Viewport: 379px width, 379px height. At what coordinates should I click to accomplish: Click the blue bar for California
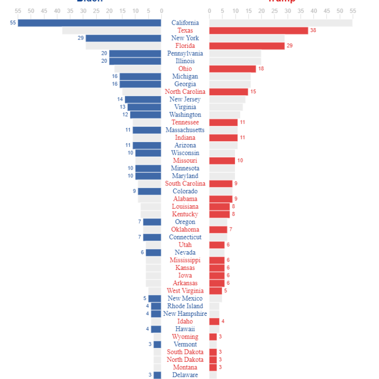click(x=89, y=23)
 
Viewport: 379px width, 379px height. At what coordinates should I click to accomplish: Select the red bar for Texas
click(x=259, y=31)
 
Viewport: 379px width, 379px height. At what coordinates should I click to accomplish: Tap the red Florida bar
click(x=247, y=46)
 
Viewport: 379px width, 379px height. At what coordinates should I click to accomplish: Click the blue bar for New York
click(x=123, y=38)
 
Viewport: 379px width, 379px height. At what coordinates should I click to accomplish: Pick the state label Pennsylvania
click(x=185, y=53)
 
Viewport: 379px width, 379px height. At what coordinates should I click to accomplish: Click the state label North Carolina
click(x=185, y=92)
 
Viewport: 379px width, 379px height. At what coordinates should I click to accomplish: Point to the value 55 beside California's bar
click(x=13, y=23)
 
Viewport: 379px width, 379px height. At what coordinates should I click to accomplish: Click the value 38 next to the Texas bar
click(x=313, y=31)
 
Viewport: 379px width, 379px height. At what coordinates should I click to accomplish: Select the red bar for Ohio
click(x=232, y=69)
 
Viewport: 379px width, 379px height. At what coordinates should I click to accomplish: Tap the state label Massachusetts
click(x=185, y=130)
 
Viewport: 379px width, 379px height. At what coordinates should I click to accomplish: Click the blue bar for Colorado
click(x=150, y=191)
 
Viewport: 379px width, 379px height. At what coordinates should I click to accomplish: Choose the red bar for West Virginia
click(x=216, y=291)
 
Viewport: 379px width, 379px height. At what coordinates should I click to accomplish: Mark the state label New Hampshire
click(x=185, y=314)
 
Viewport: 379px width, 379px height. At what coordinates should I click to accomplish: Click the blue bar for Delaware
click(x=157, y=375)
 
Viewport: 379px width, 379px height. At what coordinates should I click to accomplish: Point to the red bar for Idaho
click(x=214, y=321)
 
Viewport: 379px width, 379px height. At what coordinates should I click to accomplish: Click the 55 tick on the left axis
click(x=18, y=10)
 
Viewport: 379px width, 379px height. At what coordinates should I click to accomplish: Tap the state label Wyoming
click(x=185, y=337)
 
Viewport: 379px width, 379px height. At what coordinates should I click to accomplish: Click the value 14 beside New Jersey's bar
click(x=120, y=99)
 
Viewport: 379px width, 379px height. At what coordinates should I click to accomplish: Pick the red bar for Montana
click(x=213, y=367)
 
